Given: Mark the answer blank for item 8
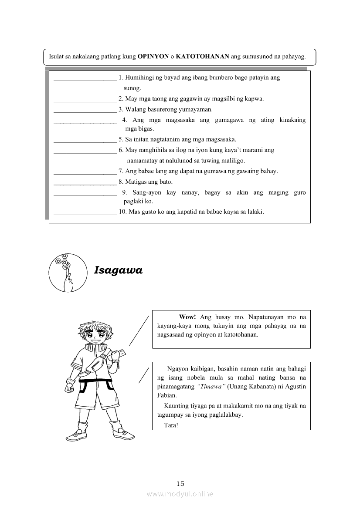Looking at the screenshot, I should (85, 182).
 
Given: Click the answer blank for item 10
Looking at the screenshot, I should (85, 213).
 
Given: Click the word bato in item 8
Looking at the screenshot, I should (166, 182).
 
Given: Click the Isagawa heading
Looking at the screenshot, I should (118, 270).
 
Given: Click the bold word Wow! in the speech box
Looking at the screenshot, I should (187, 317).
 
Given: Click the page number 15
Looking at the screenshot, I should (180, 483).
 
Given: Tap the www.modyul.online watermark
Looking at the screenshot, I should (180, 494).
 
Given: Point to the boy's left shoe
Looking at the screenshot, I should (122, 432).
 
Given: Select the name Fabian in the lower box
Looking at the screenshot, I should (166, 395).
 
